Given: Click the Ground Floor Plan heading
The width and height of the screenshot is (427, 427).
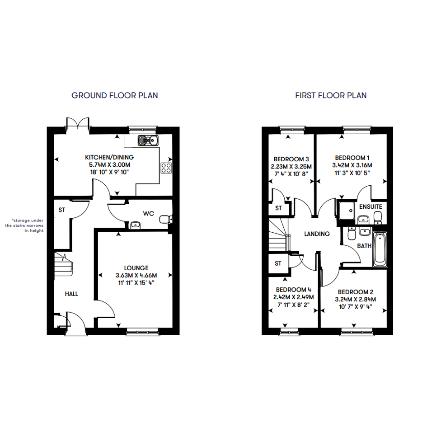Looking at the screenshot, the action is pos(115,95).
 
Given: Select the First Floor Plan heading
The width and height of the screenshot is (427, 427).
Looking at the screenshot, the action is pos(331,95).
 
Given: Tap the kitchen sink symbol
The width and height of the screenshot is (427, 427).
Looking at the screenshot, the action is pos(148,141).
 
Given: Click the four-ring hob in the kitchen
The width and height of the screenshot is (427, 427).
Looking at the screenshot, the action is pos(166,168).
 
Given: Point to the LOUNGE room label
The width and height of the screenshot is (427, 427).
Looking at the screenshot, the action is pos(136,268).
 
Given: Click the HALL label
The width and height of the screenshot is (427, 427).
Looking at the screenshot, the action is pos(71,294).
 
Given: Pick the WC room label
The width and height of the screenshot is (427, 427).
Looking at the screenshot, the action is pos(148,213).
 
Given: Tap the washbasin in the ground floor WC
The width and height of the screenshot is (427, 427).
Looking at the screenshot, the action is pos(136,225).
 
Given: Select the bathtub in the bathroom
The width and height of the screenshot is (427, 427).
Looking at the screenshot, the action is pos(380,249).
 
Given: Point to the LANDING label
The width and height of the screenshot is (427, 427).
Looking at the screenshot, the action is pos(317,234).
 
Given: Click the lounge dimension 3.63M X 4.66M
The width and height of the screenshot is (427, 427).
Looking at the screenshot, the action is pos(136,275).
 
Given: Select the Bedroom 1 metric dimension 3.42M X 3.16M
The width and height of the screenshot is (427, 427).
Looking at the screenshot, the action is pos(352,165).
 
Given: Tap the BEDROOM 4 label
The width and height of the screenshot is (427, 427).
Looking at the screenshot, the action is pos(294,290).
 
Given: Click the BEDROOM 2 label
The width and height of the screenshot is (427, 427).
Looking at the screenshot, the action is pos(355,292).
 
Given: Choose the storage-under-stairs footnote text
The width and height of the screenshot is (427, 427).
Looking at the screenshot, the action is pos(24,225).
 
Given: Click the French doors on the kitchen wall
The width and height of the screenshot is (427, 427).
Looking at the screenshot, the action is pos(78,124).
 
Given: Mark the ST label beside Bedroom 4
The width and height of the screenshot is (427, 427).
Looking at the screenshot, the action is pos(278,263).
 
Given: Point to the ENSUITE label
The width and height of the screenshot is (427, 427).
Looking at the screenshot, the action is pos(371,206).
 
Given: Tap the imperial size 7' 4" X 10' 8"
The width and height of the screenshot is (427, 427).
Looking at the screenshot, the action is pos(291,174).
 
